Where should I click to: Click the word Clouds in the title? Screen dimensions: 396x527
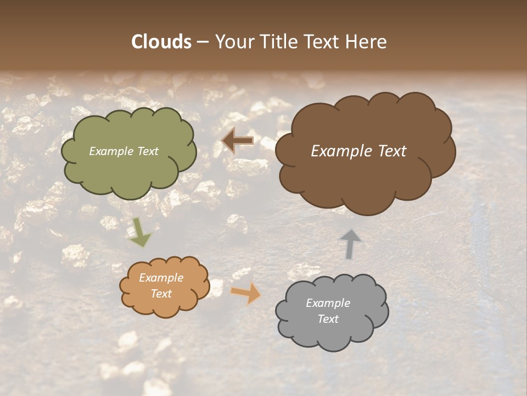click(x=161, y=42)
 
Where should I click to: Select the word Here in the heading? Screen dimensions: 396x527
click(x=366, y=42)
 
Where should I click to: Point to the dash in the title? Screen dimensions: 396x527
click(x=203, y=42)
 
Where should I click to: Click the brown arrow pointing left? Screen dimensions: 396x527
click(x=237, y=141)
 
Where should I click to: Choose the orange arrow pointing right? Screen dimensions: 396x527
click(x=246, y=294)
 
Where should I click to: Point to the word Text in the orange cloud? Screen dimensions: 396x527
click(x=161, y=294)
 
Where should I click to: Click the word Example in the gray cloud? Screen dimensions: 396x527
click(x=328, y=303)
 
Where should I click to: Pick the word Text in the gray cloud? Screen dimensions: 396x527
click(x=328, y=319)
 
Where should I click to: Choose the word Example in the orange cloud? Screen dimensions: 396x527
click(x=161, y=278)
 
